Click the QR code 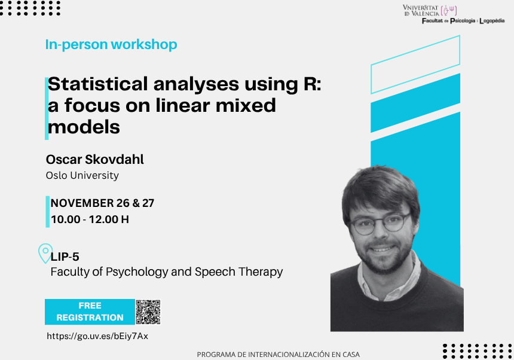pyautogui.click(x=148, y=312)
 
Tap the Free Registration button pyautogui.click(x=90, y=312)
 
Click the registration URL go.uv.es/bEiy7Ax pyautogui.click(x=97, y=336)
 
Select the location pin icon pyautogui.click(x=45, y=253)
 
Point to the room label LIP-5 pyautogui.click(x=65, y=257)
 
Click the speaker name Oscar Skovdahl pyautogui.click(x=95, y=159)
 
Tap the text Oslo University pyautogui.click(x=82, y=175)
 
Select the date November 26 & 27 pyautogui.click(x=102, y=203)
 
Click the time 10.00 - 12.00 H pyautogui.click(x=90, y=219)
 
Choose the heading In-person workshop pyautogui.click(x=111, y=45)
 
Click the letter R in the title pyautogui.click(x=310, y=84)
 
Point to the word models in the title pyautogui.click(x=84, y=127)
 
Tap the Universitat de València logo pyautogui.click(x=430, y=10)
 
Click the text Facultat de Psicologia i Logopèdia pyautogui.click(x=463, y=21)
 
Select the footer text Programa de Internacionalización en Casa pyautogui.click(x=279, y=355)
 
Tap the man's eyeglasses pyautogui.click(x=381, y=224)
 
